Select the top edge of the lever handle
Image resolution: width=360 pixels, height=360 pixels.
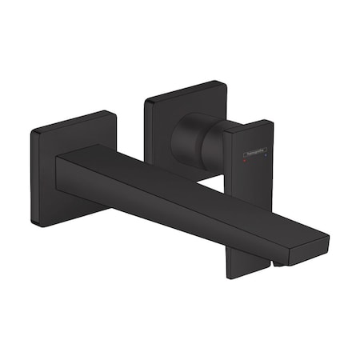248,124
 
